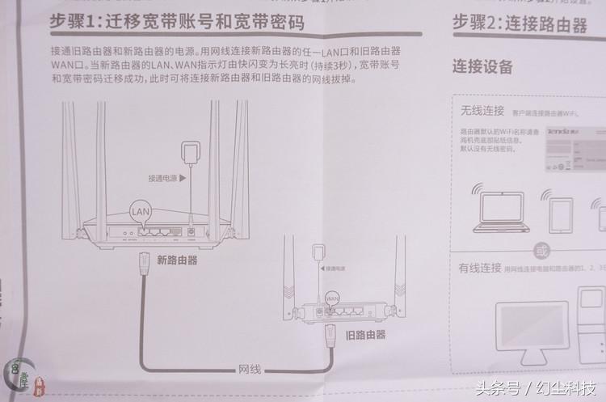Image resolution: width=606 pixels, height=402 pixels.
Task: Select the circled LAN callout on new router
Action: pyautogui.click(x=141, y=210)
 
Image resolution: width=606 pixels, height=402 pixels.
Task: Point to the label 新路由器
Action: pyautogui.click(x=177, y=260)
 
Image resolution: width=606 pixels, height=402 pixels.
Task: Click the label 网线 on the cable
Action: pyautogui.click(x=249, y=370)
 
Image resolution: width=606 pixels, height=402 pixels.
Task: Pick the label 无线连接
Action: pyautogui.click(x=482, y=111)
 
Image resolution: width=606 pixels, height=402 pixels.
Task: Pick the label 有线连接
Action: pyautogui.click(x=481, y=267)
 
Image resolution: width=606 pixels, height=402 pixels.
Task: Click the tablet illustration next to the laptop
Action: pyautogui.click(x=561, y=214)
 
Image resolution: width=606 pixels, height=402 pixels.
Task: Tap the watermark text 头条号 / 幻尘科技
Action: pyautogui.click(x=537, y=387)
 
